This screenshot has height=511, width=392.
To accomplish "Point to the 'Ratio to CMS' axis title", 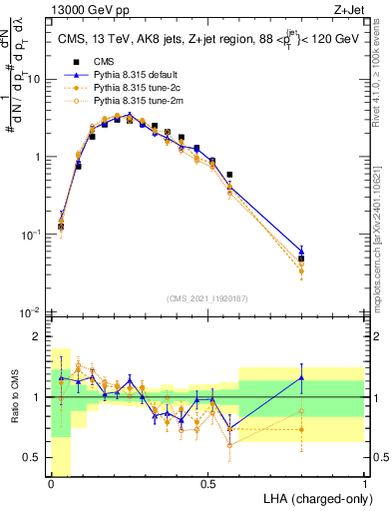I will pyautogui.click(x=15, y=409).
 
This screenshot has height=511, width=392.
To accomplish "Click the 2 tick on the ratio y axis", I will pyautogui.click(x=38, y=336).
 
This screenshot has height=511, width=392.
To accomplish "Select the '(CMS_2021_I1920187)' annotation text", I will pyautogui.click(x=207, y=298).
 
